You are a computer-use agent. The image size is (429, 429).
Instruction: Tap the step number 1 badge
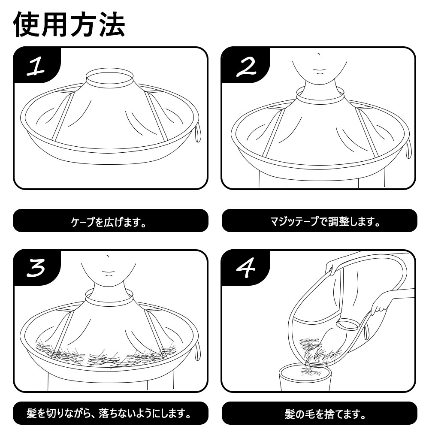36,65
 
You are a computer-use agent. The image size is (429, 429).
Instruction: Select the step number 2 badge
245,65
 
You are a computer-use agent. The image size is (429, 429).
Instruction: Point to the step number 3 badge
36,268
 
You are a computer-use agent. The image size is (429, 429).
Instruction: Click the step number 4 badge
245,268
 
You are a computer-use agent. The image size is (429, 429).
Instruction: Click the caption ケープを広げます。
109,222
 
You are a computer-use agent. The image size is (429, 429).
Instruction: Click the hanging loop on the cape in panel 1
198,133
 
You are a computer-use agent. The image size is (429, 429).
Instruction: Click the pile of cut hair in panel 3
106,354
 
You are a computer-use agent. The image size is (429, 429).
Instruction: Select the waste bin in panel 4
305,377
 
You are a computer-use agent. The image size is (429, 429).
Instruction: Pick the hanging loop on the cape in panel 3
197,352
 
